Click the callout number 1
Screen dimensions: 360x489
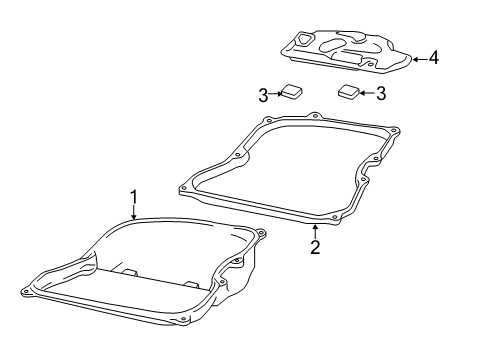132,195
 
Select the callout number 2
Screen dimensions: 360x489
314,247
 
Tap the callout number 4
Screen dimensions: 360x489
433,58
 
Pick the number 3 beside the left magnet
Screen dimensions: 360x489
262,95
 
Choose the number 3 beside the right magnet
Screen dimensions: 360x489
380,94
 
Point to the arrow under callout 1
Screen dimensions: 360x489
132,211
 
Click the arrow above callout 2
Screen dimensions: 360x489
314,231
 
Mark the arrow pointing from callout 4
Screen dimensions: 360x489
418,58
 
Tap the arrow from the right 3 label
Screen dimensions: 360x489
366,94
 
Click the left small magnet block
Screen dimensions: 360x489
291,92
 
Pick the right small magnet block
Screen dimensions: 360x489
349,92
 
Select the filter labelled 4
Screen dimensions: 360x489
345,50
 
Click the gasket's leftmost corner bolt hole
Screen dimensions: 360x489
183,185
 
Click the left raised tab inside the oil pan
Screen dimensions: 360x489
130,271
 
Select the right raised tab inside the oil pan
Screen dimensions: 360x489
189,284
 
